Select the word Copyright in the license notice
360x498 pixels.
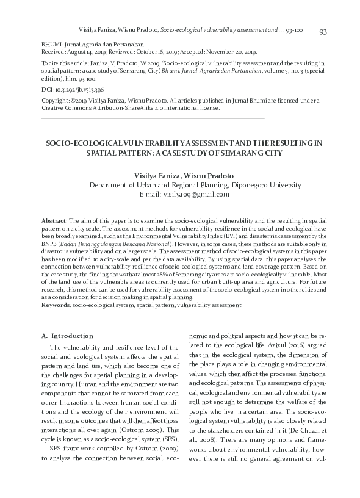click(x=54, y=101)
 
